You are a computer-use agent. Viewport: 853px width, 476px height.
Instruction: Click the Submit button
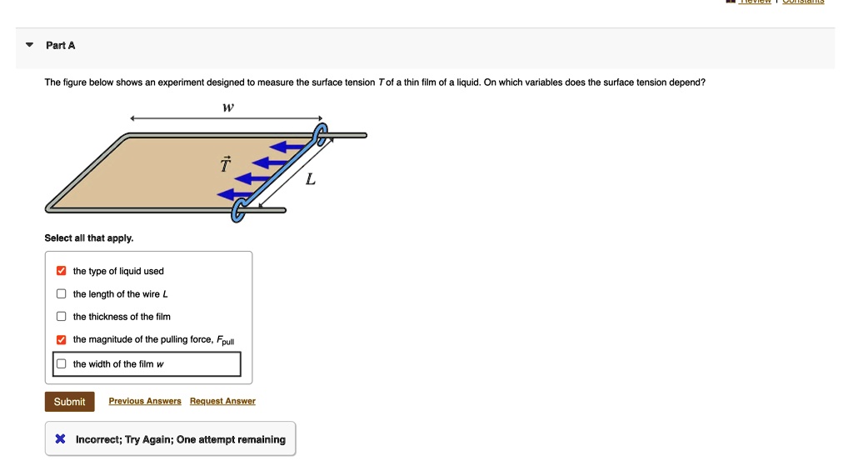[69, 402]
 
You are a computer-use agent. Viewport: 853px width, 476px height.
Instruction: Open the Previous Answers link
[145, 402]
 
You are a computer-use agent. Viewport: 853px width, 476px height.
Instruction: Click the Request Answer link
[222, 402]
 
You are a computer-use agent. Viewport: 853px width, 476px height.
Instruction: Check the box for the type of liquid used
[61, 271]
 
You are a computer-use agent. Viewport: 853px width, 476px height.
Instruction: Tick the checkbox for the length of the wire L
[61, 294]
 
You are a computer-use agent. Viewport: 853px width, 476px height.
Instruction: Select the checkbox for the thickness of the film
[61, 317]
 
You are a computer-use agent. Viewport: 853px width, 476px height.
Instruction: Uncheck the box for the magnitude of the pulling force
[61, 340]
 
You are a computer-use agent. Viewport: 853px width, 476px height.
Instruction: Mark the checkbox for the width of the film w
[61, 364]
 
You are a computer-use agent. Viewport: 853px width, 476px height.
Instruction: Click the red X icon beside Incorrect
[60, 439]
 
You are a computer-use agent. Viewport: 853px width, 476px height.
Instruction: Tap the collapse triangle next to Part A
[29, 45]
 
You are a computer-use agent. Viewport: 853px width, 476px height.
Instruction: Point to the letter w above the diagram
[227, 108]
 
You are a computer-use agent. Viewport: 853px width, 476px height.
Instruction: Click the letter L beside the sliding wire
[310, 180]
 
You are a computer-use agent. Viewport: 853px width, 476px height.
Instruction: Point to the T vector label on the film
[223, 164]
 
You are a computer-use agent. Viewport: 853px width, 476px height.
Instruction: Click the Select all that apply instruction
[89, 238]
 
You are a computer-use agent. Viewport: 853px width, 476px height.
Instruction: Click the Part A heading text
[61, 45]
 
